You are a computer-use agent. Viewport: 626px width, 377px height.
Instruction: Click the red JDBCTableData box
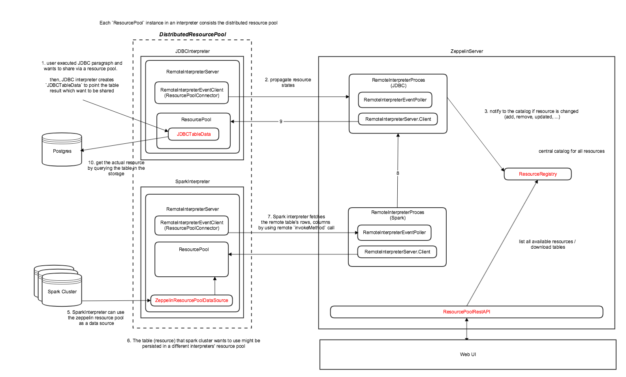[x=194, y=134]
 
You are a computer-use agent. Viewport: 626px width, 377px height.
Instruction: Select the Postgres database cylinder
[x=62, y=149]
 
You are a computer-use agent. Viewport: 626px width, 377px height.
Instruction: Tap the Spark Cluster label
[x=62, y=292]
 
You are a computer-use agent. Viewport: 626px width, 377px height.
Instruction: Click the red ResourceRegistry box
[x=538, y=174]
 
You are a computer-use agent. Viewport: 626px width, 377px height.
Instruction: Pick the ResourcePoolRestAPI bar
[x=466, y=312]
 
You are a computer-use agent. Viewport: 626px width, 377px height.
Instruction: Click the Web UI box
[x=468, y=354]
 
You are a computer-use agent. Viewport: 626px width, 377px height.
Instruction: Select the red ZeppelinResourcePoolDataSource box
[x=192, y=300]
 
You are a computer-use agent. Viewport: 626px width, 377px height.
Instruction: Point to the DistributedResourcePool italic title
[x=193, y=34]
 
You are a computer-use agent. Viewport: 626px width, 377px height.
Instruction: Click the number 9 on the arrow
[x=281, y=122]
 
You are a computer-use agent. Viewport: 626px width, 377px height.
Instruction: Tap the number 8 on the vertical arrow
[x=398, y=173]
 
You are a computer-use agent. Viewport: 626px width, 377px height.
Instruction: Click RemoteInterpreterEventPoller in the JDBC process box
[x=395, y=100]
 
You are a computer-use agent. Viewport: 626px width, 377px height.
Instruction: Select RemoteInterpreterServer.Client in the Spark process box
[x=397, y=252]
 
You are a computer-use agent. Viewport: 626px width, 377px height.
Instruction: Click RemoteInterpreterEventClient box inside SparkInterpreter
[x=192, y=225]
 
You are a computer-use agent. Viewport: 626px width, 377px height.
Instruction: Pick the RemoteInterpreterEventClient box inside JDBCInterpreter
[x=192, y=93]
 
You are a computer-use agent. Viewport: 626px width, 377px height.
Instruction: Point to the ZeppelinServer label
[x=467, y=51]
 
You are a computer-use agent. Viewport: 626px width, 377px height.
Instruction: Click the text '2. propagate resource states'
[x=288, y=83]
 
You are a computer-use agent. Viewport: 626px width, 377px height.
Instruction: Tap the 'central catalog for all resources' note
[x=571, y=151]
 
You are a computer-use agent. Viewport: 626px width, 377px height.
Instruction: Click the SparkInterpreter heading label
[x=192, y=182]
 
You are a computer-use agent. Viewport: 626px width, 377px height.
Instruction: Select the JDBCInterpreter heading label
[x=192, y=51]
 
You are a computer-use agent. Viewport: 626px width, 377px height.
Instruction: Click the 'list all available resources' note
[x=547, y=244]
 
